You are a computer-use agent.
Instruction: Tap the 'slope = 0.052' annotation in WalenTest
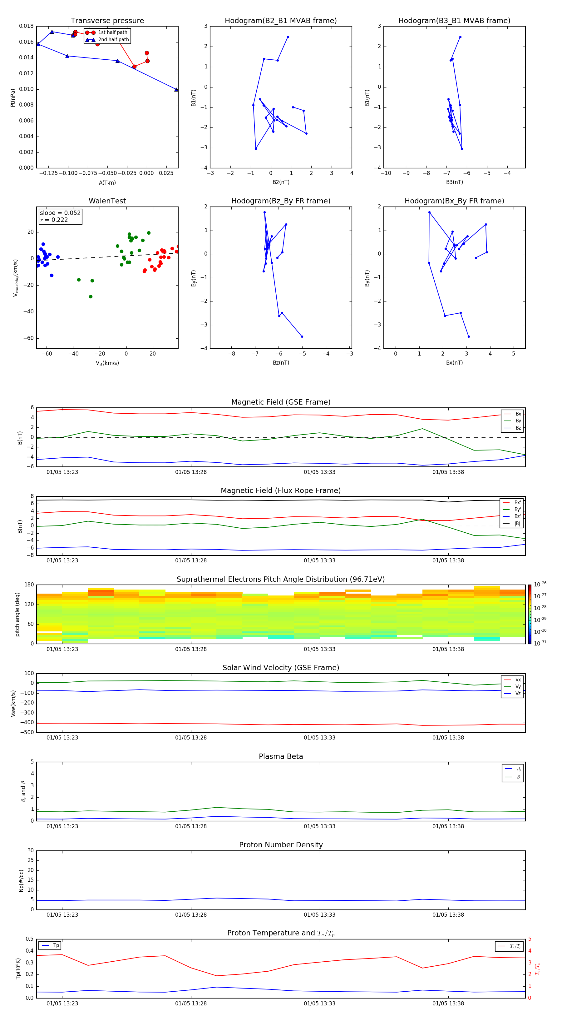tap(60, 213)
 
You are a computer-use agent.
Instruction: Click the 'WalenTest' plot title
tap(107, 201)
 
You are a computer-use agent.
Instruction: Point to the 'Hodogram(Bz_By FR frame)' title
tap(281, 201)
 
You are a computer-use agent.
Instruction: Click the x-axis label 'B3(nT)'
tap(454, 182)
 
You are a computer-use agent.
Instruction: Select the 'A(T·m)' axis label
tap(107, 183)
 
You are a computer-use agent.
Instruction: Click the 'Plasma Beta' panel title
tap(281, 756)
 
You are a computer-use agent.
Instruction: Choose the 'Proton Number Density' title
tap(281, 845)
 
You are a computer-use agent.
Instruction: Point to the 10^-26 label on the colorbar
tap(540, 584)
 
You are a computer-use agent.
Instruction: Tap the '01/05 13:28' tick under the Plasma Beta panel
tap(191, 826)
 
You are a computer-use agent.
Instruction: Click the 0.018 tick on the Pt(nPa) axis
tap(27, 26)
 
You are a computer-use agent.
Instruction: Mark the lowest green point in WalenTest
tap(91, 296)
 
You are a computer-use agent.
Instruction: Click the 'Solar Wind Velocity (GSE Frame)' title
tap(281, 668)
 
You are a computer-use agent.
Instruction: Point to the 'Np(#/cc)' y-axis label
tap(21, 880)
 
